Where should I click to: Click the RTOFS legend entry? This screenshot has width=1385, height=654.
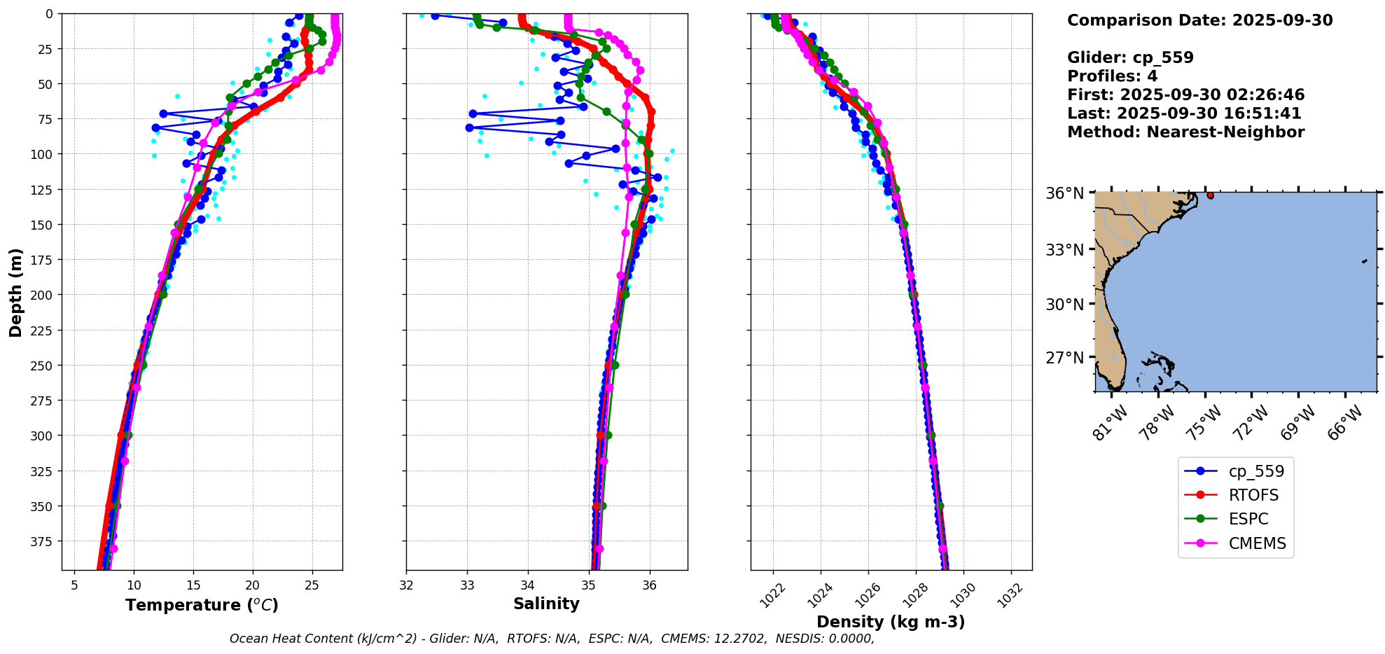[1253, 495]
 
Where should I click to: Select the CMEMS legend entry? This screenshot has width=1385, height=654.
[1256, 543]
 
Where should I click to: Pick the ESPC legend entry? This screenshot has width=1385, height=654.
[1248, 519]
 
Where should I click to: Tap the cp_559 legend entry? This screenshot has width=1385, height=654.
[1256, 471]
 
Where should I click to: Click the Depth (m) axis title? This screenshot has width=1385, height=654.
[16, 292]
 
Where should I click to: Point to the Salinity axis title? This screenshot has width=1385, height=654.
[546, 604]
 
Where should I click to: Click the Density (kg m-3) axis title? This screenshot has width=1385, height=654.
[891, 622]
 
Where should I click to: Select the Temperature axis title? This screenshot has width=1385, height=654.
[202, 605]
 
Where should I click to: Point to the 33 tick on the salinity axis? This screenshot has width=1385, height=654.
[468, 585]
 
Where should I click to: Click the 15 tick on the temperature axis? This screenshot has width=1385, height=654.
[193, 585]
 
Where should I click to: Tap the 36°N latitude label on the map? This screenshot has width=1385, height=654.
[1064, 193]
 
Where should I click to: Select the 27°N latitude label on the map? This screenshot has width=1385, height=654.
[1064, 358]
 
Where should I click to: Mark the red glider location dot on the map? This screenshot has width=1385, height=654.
[1210, 195]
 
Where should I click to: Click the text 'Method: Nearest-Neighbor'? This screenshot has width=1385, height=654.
[1185, 132]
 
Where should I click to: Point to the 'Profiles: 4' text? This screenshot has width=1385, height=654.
[1112, 76]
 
